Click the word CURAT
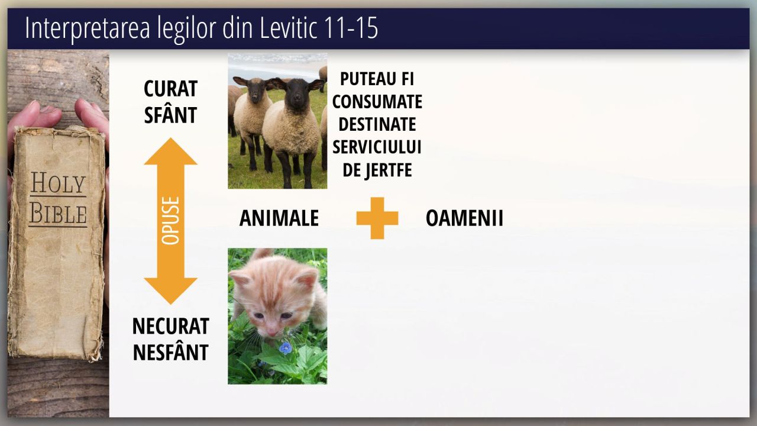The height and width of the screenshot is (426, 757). pyautogui.click(x=171, y=89)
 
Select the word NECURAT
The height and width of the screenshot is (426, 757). pyautogui.click(x=171, y=326)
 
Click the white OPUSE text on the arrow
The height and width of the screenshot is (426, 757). pyautogui.click(x=171, y=221)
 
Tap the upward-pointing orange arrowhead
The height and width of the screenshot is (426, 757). pyautogui.click(x=171, y=151)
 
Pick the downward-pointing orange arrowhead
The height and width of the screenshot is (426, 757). pyautogui.click(x=171, y=291)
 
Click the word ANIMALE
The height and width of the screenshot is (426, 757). pyautogui.click(x=279, y=218)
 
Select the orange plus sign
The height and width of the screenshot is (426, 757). pyautogui.click(x=377, y=218)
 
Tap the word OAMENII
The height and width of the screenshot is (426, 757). pyautogui.click(x=464, y=218)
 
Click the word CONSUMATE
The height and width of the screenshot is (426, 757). pyautogui.click(x=377, y=102)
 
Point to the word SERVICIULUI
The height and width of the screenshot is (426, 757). pyautogui.click(x=377, y=147)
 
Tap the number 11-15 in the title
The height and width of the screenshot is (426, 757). pyautogui.click(x=351, y=28)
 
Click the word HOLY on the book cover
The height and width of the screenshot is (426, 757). pyautogui.click(x=58, y=183)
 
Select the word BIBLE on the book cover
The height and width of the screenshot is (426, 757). pyautogui.click(x=58, y=214)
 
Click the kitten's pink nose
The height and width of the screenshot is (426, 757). pyautogui.click(x=272, y=331)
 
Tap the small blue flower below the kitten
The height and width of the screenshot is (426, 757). pyautogui.click(x=286, y=348)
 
